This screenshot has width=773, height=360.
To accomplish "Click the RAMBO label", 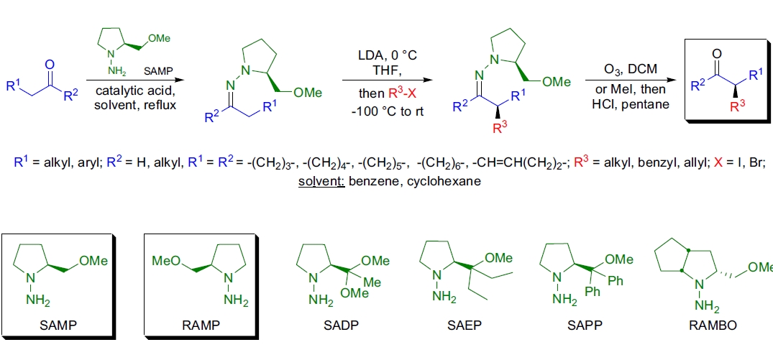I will tap(710, 325).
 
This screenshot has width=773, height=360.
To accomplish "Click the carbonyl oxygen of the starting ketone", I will tap(50, 65).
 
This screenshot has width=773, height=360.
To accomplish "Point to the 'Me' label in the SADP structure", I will tap(372, 282).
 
